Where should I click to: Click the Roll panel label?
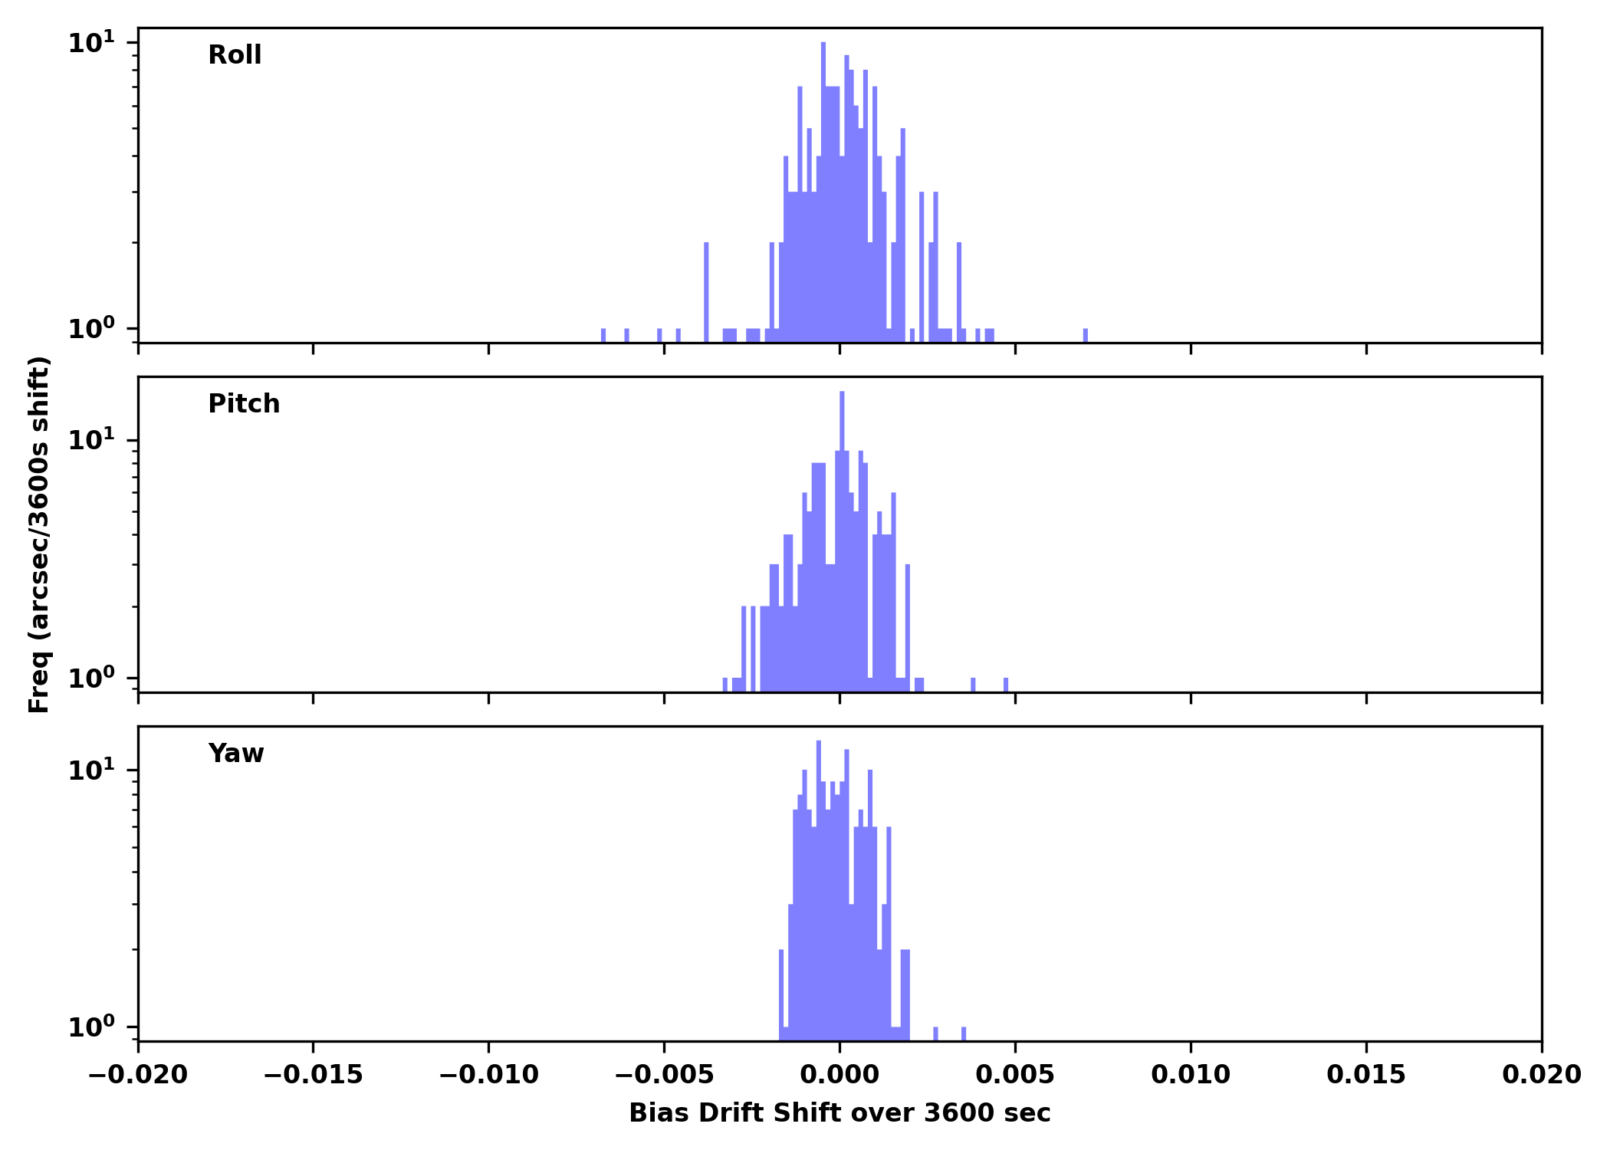(x=235, y=55)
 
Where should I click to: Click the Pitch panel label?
(x=244, y=404)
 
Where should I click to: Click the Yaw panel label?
(x=236, y=754)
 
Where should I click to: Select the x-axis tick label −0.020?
(x=138, y=1075)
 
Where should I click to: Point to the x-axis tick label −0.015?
(x=313, y=1075)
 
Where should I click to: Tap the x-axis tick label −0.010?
(x=488, y=1075)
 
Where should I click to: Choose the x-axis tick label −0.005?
(x=664, y=1075)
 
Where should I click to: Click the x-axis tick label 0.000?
(x=839, y=1075)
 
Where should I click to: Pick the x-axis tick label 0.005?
(x=1015, y=1075)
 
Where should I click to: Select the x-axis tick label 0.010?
(x=1191, y=1075)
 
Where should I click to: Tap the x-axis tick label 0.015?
(x=1366, y=1075)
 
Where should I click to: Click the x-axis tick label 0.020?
(x=1541, y=1075)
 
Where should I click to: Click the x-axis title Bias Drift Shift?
(x=839, y=1113)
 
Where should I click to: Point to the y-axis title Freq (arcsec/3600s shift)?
(x=39, y=534)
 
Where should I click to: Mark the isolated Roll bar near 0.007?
(x=1086, y=335)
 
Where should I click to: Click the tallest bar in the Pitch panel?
(x=842, y=537)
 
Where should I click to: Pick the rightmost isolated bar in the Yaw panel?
(x=964, y=1033)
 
